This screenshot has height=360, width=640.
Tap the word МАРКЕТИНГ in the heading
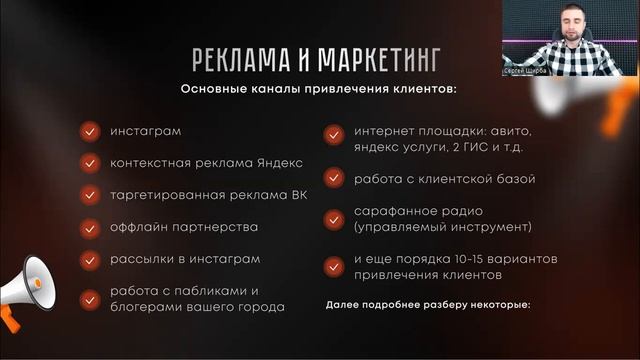pyautogui.click(x=369, y=57)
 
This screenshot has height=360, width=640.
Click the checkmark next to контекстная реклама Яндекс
pyautogui.click(x=90, y=162)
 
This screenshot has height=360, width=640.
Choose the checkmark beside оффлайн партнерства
pyautogui.click(x=90, y=226)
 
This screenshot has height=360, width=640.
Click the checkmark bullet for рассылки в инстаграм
pyautogui.click(x=90, y=258)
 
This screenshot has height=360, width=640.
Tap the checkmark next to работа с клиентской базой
pyautogui.click(x=333, y=179)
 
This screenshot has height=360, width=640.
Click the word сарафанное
pyautogui.click(x=391, y=212)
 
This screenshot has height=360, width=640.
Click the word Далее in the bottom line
pyautogui.click(x=346, y=304)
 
